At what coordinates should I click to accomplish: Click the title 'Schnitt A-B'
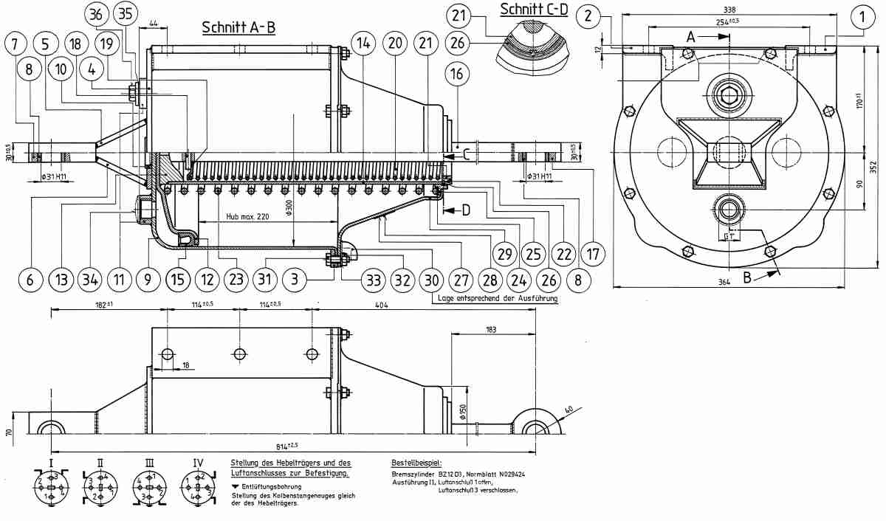click(238, 27)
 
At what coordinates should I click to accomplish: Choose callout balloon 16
click(457, 74)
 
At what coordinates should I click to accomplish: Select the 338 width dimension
click(729, 10)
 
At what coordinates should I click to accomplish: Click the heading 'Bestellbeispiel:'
click(417, 462)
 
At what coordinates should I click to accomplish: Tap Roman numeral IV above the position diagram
click(198, 463)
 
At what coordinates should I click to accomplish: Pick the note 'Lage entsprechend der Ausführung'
click(494, 299)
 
